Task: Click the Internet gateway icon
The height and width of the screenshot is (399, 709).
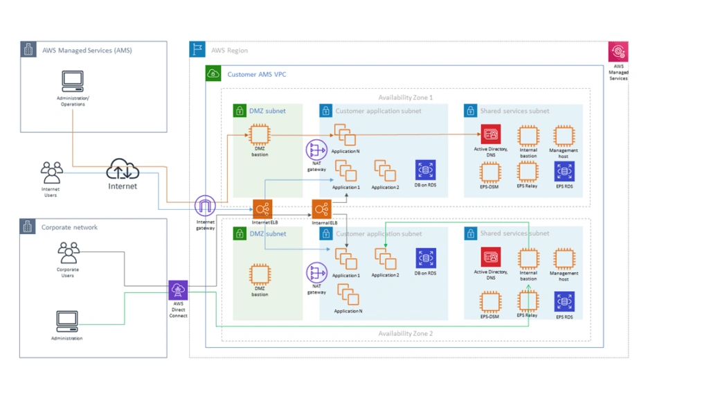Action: (x=205, y=206)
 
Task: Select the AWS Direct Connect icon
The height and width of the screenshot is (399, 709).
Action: (x=178, y=290)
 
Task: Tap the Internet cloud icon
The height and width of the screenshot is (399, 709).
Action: (x=123, y=170)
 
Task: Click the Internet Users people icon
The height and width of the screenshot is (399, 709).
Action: (x=51, y=172)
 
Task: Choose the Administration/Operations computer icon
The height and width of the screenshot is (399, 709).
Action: (x=72, y=82)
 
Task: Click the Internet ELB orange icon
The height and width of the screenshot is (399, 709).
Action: (x=262, y=209)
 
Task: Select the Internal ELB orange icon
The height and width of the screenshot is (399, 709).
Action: (x=321, y=209)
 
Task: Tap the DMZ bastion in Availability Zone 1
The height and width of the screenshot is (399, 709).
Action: (x=260, y=134)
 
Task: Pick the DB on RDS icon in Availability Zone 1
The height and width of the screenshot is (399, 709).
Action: (x=425, y=170)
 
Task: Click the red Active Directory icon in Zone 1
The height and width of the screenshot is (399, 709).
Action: (x=491, y=134)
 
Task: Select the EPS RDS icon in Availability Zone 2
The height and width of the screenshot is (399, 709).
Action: (x=564, y=302)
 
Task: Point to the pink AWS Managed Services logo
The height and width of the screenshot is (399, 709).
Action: (x=618, y=52)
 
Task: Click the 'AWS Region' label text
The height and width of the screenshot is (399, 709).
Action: (x=229, y=51)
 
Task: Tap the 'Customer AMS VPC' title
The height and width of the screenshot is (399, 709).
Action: (x=256, y=74)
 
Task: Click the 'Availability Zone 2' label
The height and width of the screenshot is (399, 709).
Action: (x=405, y=334)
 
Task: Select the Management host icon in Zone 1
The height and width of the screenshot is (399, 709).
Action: (x=564, y=136)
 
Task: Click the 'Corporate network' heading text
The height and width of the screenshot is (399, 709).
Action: (x=69, y=227)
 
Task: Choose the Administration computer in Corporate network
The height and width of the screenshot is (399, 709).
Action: (x=67, y=321)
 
